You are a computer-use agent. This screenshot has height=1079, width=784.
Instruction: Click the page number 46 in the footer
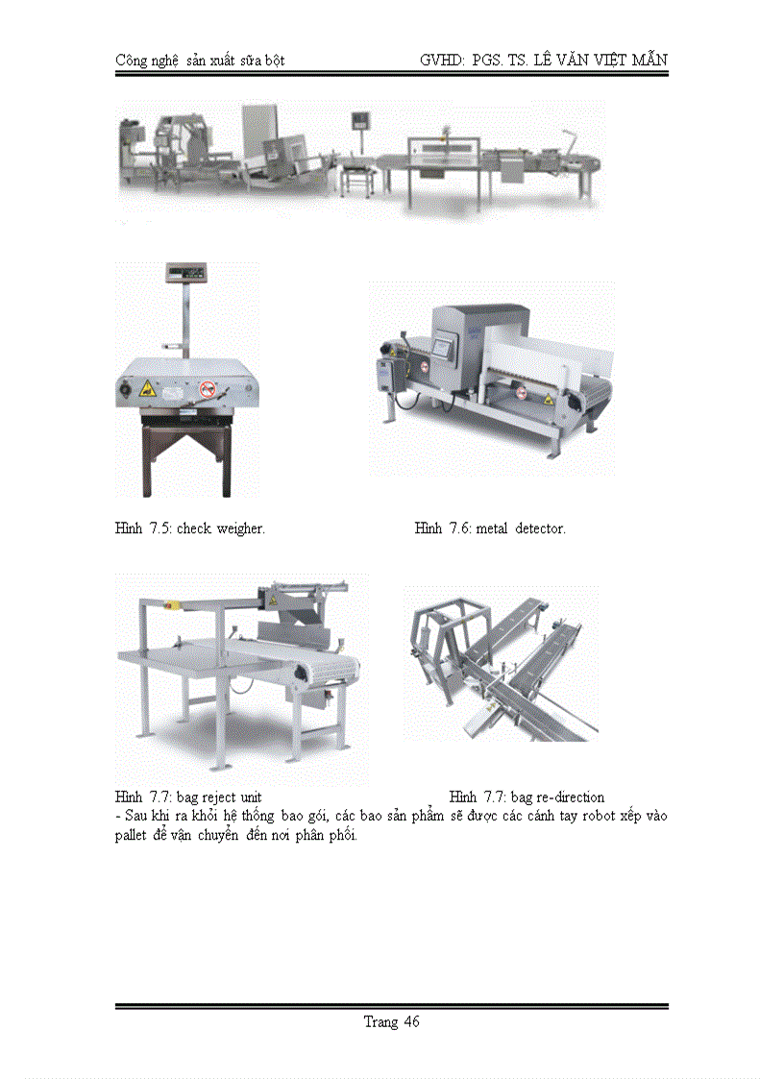click(410, 1021)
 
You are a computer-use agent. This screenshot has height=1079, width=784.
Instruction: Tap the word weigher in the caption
click(241, 527)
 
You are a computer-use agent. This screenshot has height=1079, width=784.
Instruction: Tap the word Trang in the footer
click(380, 1021)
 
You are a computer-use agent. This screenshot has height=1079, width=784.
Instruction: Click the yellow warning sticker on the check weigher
click(146, 388)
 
